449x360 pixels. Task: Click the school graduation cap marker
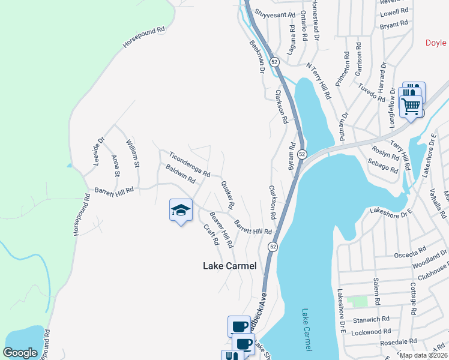[x=181, y=210]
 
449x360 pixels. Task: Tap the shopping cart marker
[x=411, y=107]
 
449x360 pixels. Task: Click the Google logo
[x=20, y=353]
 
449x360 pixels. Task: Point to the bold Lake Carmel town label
[x=230, y=266]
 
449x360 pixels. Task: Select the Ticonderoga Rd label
[x=189, y=164]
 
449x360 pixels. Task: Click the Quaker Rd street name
[x=227, y=196]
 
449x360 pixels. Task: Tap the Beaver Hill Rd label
[x=220, y=230]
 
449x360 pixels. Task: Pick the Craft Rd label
[x=211, y=235]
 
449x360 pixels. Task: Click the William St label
[x=132, y=153]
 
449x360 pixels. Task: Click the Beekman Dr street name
[x=256, y=58]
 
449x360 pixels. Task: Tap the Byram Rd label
[x=293, y=154]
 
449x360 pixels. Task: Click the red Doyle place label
[x=436, y=43]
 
